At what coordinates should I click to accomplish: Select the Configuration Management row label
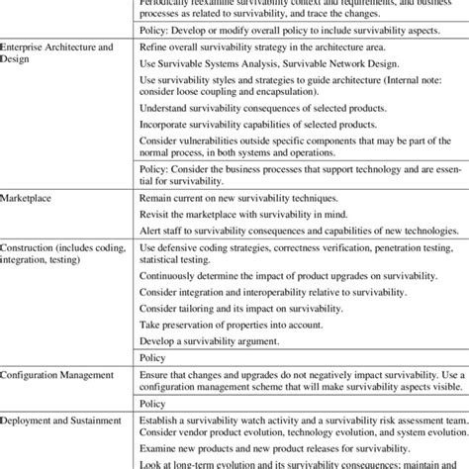click(59, 377)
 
